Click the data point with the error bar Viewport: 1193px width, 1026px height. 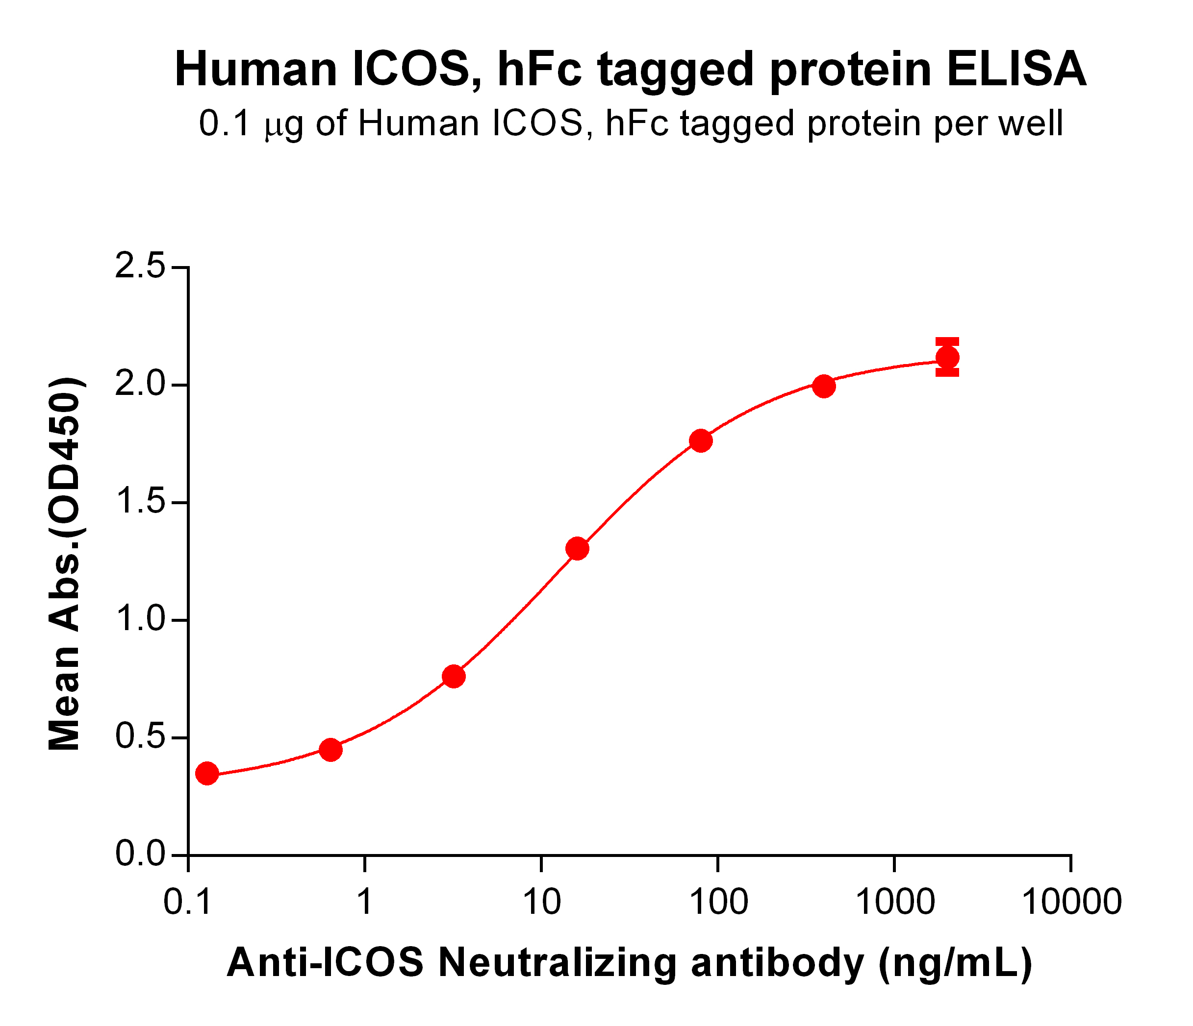click(x=947, y=357)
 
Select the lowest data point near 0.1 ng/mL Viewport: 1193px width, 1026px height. click(x=207, y=773)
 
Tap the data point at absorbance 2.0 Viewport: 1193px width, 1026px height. click(x=823, y=386)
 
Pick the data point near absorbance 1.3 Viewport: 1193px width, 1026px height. click(x=577, y=549)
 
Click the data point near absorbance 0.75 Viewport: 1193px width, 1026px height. click(x=454, y=676)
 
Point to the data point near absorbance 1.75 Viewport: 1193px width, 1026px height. click(x=700, y=441)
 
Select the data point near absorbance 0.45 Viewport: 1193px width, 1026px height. click(x=330, y=749)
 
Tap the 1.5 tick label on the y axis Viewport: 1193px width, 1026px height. click(x=140, y=502)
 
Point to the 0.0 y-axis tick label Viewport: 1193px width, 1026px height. click(x=140, y=855)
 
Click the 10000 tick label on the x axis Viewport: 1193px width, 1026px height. click(x=1070, y=902)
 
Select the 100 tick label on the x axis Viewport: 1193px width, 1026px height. click(x=718, y=902)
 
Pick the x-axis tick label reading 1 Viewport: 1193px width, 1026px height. click(x=364, y=902)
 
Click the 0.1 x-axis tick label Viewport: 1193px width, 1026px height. click(x=188, y=902)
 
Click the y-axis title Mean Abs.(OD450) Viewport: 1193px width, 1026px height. click(x=65, y=564)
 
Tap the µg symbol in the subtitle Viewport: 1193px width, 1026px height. click(x=284, y=124)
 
